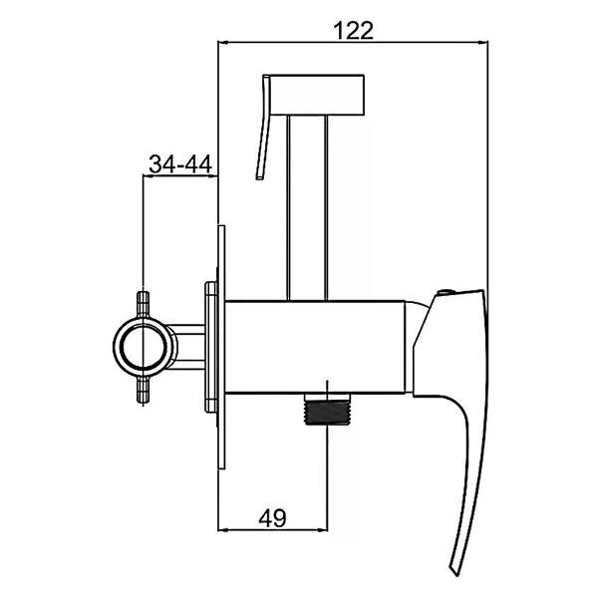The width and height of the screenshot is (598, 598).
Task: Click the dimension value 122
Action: tap(353, 31)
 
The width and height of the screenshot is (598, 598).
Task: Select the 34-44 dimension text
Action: tap(180, 164)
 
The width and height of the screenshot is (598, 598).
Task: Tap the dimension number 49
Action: tap(272, 518)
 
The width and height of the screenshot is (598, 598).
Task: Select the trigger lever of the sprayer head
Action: tap(264, 126)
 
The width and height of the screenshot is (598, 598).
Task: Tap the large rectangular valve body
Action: tap(315, 347)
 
